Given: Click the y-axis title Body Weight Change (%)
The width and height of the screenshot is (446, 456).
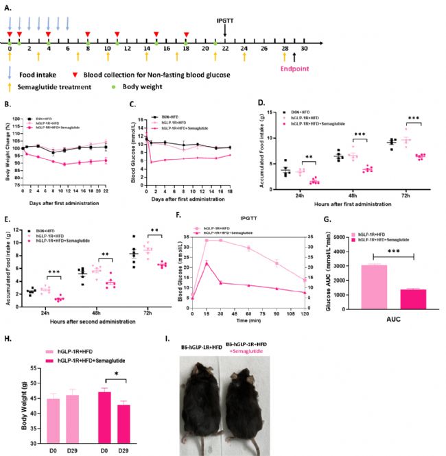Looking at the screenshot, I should pyautogui.click(x=8, y=143).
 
